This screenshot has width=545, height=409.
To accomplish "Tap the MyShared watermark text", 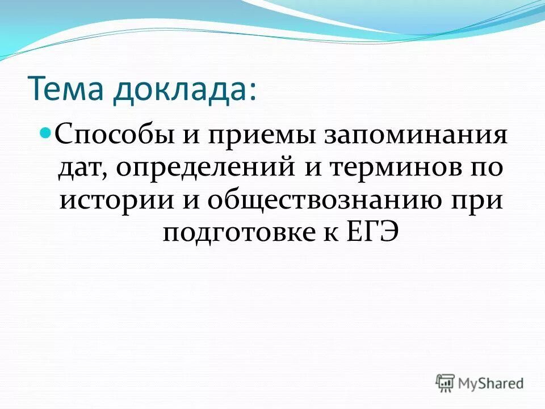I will pyautogui.click(x=492, y=383).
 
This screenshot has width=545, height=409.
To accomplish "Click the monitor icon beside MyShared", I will pyautogui.click(x=446, y=383).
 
